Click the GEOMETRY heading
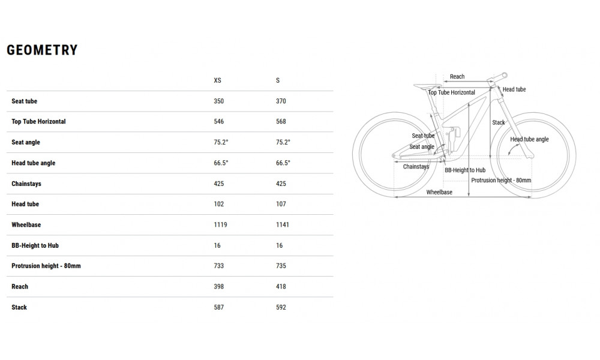42,50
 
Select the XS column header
217,80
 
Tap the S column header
278,80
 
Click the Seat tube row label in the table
24,101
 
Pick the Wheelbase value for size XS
220,224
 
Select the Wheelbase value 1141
283,224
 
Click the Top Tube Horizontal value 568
281,121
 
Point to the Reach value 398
219,286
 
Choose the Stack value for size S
281,307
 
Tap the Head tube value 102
219,204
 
